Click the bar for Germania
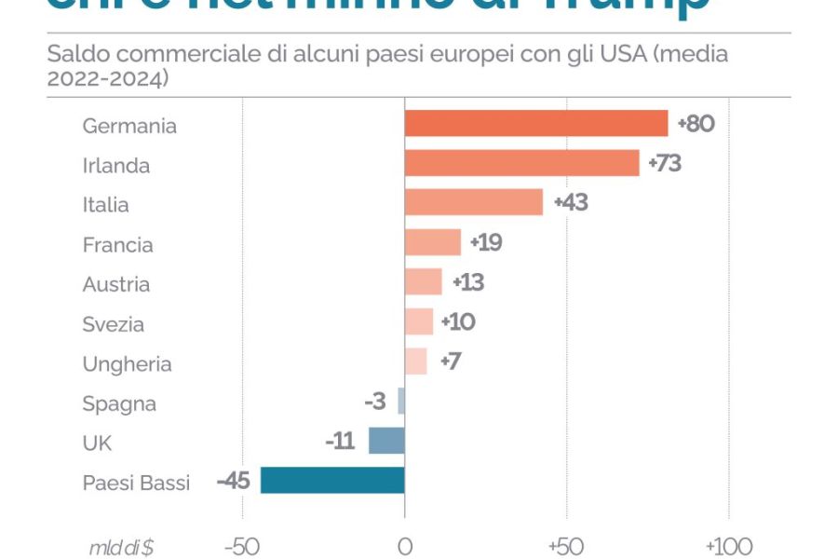(x=535, y=124)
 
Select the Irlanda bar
(x=521, y=164)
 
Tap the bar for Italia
(x=473, y=203)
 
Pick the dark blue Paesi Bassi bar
(x=332, y=481)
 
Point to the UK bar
(x=386, y=441)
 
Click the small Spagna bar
(x=401, y=402)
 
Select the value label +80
(x=696, y=124)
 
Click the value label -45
(x=233, y=481)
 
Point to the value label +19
(x=486, y=243)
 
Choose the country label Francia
(x=117, y=245)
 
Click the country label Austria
(x=115, y=284)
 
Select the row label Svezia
(x=113, y=324)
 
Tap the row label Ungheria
(x=127, y=364)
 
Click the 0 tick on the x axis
(x=404, y=546)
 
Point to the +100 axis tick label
(x=727, y=546)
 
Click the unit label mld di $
(x=122, y=547)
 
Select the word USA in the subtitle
(x=623, y=54)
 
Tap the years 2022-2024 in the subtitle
(x=107, y=79)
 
